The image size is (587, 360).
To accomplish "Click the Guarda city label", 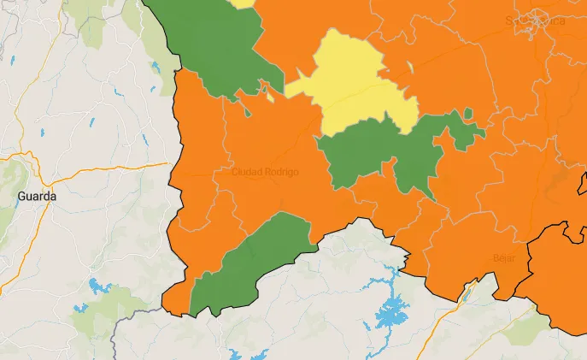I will tap(37, 196).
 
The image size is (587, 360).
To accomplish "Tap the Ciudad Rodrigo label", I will tap(265, 172).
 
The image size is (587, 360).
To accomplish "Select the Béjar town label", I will tap(504, 257).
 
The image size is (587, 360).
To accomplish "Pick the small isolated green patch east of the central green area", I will tap(467, 115).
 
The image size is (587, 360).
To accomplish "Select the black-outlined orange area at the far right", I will tap(555, 274).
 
